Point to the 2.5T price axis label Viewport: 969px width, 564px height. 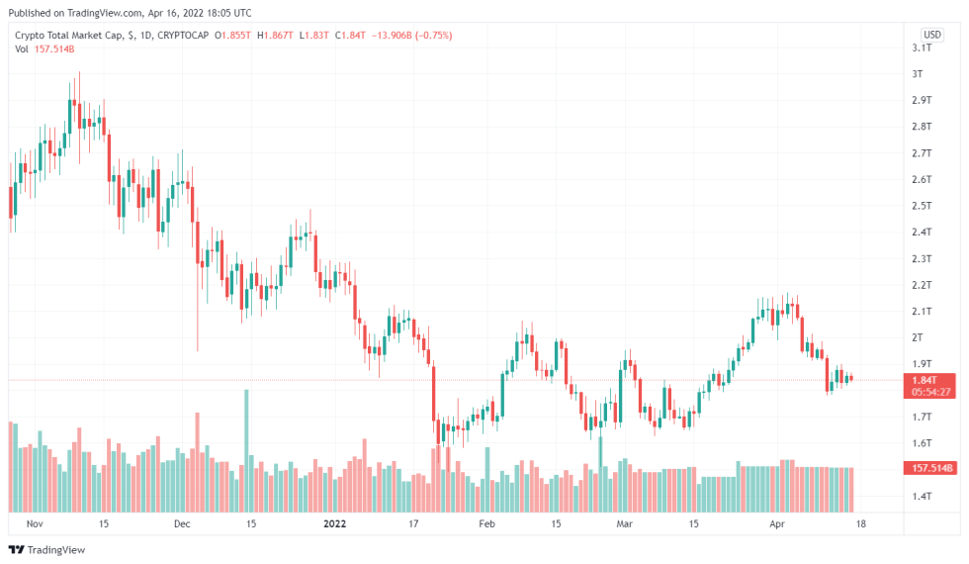[x=921, y=206]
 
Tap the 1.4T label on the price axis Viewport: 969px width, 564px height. [x=921, y=496]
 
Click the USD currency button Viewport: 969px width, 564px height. [x=931, y=33]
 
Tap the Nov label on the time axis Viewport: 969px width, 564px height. [x=36, y=522]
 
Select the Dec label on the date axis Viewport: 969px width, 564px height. [x=182, y=522]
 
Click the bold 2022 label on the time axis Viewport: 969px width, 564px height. [x=336, y=522]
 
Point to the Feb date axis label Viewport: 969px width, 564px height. [x=485, y=522]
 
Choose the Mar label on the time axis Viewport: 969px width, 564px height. [x=624, y=522]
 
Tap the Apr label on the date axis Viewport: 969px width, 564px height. [x=776, y=522]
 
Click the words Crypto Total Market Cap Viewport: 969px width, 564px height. [x=69, y=36]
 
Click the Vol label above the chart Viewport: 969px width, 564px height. [x=22, y=49]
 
